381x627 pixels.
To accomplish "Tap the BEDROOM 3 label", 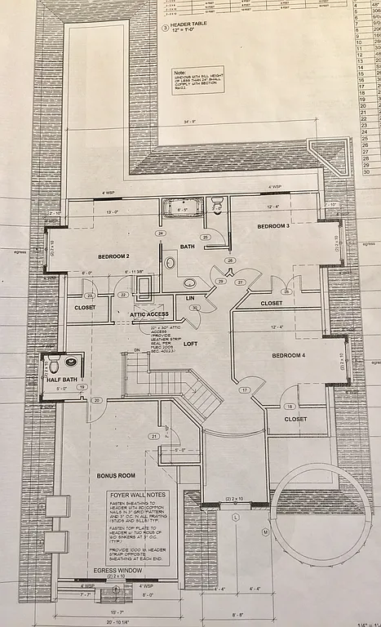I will [274, 226].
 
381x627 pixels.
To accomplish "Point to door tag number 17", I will [243, 390].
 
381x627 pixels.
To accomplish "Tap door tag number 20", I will [96, 400].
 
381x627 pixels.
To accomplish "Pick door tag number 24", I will [161, 233].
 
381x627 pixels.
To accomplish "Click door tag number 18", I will [288, 406].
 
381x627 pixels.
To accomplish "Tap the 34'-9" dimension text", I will [190, 122].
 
